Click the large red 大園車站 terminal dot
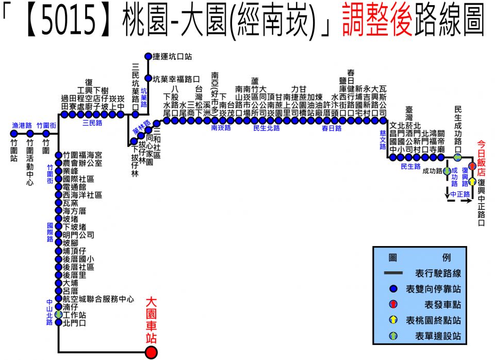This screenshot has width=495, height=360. point(151,352)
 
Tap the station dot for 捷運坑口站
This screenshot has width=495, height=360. point(148,57)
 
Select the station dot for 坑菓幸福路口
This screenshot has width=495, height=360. point(148,78)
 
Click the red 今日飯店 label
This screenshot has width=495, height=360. point(481,158)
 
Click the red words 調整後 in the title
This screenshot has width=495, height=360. point(377,20)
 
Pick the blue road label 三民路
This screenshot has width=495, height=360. point(92,123)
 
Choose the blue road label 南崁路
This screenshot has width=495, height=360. point(221,128)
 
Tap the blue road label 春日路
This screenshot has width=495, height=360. point(332,128)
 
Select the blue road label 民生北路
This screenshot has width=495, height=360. point(267,128)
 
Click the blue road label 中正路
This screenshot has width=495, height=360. point(460,194)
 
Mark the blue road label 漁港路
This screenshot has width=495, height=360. point(22,126)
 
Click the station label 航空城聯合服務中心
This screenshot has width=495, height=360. point(98,299)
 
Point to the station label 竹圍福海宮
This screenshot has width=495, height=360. point(82,155)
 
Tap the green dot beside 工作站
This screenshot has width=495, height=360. point(58,315)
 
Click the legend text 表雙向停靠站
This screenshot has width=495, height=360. point(433,289)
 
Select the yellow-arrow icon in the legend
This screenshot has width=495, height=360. point(393,320)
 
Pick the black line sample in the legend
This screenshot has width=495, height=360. point(393,273)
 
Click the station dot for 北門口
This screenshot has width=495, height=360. point(58,322)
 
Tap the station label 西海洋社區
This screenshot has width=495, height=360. point(82,195)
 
